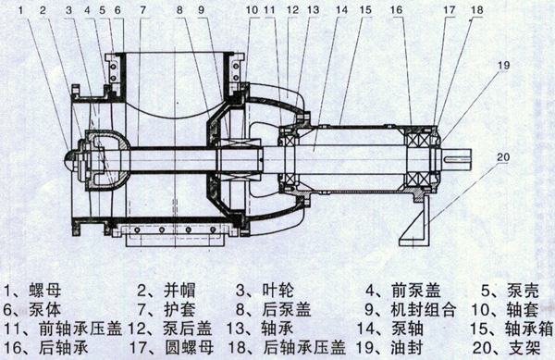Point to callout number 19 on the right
[x=503, y=65]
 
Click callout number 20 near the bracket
[x=503, y=158]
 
